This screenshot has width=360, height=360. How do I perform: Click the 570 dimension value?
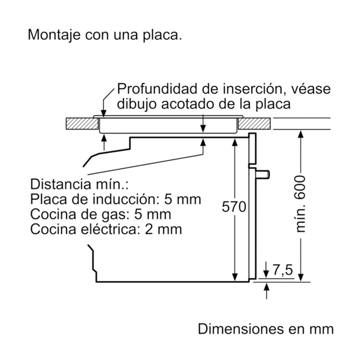coord(234,207)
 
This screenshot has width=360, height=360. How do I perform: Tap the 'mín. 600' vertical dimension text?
coord(300,204)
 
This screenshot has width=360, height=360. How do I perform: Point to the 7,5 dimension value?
coord(282,270)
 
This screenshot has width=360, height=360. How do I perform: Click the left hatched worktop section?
coord(82,124)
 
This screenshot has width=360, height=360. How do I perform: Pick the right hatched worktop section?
coord(255,124)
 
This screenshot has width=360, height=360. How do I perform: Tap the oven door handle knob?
coord(264,174)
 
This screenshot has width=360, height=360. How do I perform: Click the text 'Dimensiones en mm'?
coord(266,329)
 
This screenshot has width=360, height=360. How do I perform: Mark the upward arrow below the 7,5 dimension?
coord(267,291)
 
